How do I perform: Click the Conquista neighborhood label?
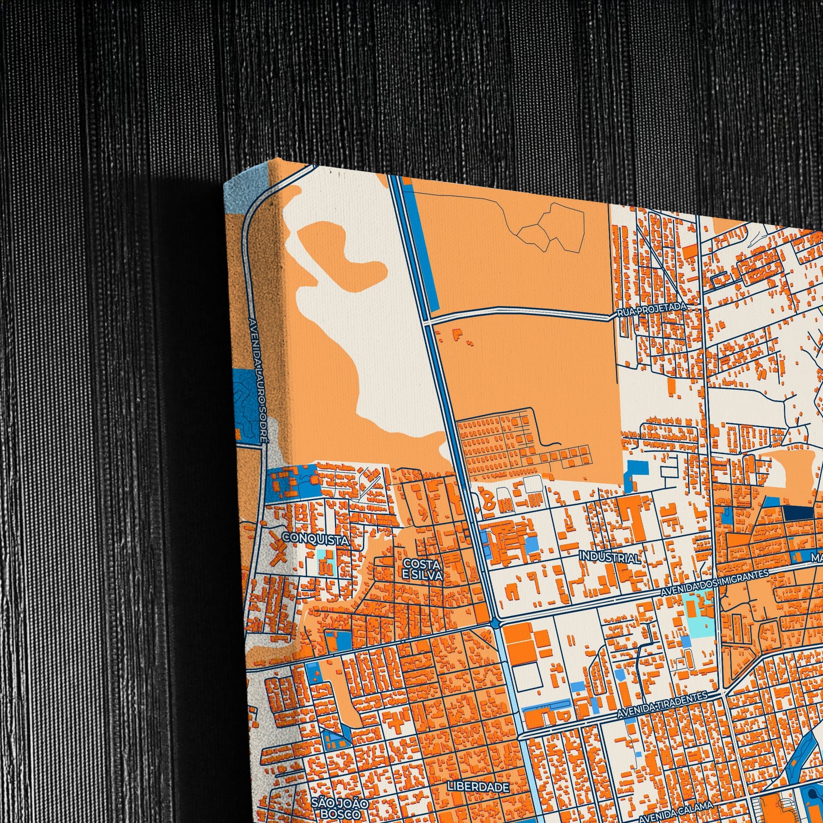pos(315,539)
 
